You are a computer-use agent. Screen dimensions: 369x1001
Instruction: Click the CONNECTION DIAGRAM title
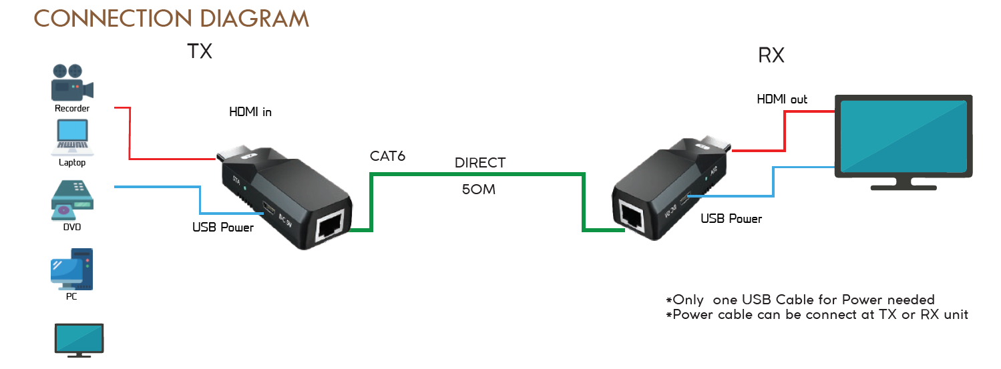point(172,18)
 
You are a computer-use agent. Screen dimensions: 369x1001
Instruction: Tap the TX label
point(200,51)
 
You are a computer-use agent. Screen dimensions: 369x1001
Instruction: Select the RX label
point(771,55)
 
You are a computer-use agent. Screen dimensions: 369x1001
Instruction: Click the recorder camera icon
point(71,82)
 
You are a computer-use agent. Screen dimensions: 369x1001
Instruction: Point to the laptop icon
point(72,136)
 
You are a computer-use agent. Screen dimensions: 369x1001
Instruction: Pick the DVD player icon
point(71,200)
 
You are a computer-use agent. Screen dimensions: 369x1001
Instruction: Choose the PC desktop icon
point(71,269)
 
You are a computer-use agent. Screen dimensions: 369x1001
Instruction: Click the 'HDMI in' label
point(250,112)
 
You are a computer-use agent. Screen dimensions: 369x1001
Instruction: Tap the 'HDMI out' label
point(782,99)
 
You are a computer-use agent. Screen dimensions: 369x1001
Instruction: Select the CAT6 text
point(388,157)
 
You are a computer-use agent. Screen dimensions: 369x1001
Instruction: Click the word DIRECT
point(480,163)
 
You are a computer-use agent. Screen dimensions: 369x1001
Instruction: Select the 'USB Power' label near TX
point(223,228)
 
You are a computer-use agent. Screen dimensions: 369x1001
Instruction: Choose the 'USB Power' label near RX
point(731,218)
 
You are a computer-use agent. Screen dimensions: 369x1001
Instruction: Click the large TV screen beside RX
point(903,136)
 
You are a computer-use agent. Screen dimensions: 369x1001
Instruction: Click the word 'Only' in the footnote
point(688,300)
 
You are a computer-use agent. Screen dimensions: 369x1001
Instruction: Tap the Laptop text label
point(72,162)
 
